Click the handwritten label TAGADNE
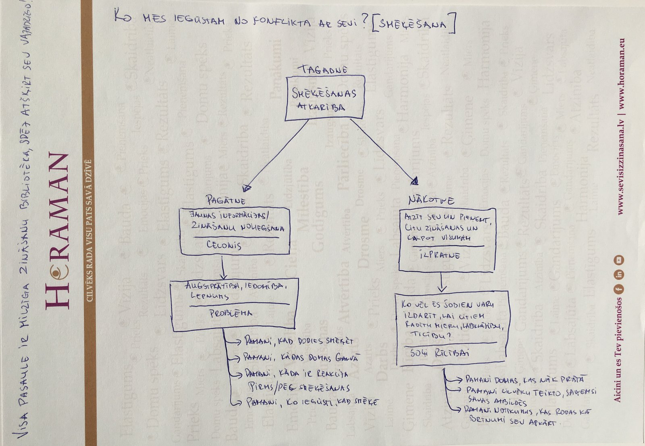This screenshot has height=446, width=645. [322, 70]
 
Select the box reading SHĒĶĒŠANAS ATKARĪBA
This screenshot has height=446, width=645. [325, 98]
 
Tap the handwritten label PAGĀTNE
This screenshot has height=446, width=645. [225, 200]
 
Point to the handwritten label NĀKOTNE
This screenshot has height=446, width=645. [431, 200]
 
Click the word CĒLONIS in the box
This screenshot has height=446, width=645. [224, 245]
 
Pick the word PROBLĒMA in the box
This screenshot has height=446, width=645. [231, 313]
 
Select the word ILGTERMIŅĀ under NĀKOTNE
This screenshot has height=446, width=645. [439, 255]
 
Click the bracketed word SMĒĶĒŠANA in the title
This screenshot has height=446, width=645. [413, 24]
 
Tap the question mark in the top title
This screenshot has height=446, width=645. [364, 22]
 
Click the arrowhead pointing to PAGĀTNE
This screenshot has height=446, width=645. [246, 188]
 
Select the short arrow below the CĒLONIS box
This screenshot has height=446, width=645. [223, 268]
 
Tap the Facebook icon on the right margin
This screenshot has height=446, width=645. [618, 289]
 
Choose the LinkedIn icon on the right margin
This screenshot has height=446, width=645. [618, 275]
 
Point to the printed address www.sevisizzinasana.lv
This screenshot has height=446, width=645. [621, 170]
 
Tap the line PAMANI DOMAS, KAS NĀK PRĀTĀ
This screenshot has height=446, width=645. [524, 379]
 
